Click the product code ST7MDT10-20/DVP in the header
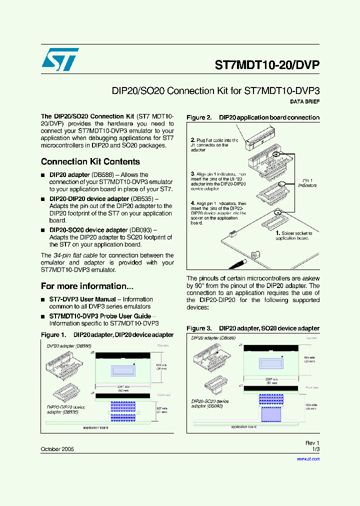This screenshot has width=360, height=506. coord(267,65)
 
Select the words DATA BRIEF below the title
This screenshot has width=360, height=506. coord(304,101)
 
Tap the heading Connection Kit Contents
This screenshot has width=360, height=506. coord(90,161)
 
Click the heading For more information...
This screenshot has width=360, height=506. coord(87,286)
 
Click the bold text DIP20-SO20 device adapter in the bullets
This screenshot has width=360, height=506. coord(88,230)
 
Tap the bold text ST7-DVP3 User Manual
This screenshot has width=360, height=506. coord(85,299)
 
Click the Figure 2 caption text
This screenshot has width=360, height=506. coord(252,117)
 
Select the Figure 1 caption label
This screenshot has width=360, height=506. coord(53,334)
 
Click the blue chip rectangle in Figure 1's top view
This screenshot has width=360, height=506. coord(123,371)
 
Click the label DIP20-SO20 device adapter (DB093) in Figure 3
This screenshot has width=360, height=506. coord(209,403)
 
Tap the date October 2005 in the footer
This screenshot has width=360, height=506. coord(57,449)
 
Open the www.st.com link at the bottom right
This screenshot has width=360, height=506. coord(309,458)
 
